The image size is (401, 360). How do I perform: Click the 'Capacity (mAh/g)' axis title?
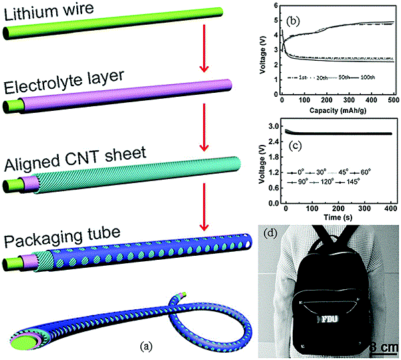[x=336, y=112]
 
